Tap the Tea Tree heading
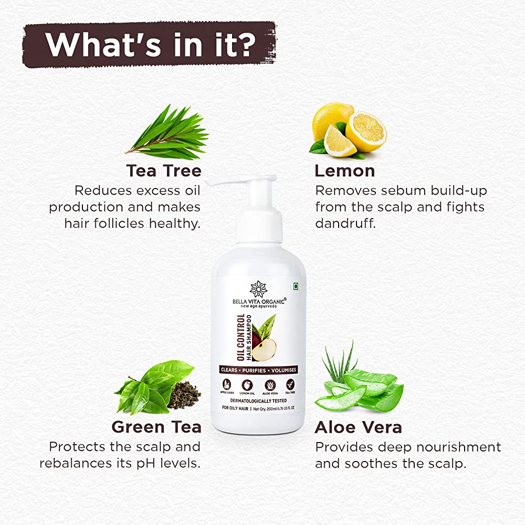[163, 171]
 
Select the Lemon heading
[344, 171]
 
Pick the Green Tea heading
[156, 427]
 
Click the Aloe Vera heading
[358, 427]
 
